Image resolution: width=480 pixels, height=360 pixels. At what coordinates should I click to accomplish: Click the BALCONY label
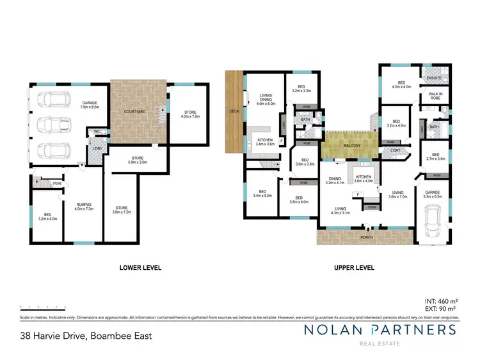pyautogui.click(x=351, y=145)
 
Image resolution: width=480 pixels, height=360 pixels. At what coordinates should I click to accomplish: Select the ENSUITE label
pyautogui.click(x=434, y=79)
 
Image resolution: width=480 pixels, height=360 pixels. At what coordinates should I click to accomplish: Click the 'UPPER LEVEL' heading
pyautogui.click(x=353, y=268)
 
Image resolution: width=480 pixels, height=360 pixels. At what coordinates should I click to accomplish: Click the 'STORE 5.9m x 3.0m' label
pyautogui.click(x=136, y=160)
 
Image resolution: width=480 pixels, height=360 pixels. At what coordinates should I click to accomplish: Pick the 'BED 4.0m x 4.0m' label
pyautogui.click(x=402, y=84)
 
